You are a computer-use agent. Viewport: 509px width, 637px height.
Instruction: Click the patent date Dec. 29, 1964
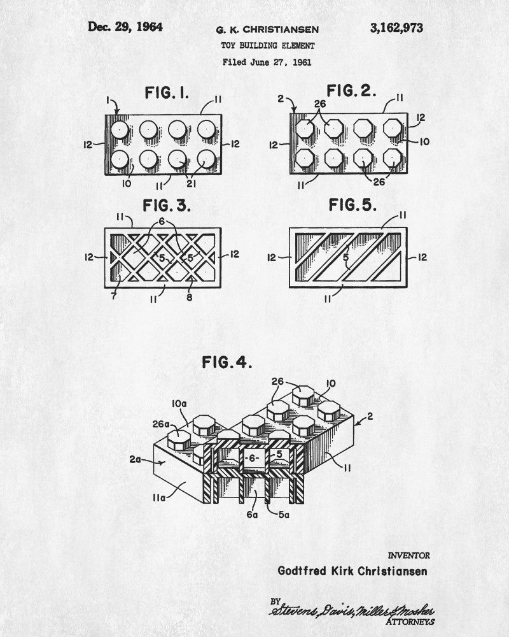(x=125, y=27)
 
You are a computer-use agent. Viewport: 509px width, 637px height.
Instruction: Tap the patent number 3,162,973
(x=396, y=28)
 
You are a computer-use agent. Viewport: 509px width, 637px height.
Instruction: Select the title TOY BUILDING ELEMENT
(x=267, y=45)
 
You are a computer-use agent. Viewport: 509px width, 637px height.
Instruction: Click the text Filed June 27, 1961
(x=267, y=62)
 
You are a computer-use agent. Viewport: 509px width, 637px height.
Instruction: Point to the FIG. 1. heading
(x=167, y=93)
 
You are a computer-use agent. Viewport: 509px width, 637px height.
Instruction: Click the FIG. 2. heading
(x=351, y=90)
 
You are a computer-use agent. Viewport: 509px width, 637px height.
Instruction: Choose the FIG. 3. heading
(x=167, y=206)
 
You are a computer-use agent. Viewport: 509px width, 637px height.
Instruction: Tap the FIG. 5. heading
(x=352, y=204)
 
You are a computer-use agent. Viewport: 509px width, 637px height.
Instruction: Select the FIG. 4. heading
(x=227, y=362)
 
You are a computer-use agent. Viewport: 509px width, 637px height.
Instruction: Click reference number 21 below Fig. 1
(x=191, y=184)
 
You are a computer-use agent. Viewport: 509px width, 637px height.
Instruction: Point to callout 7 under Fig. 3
(x=114, y=297)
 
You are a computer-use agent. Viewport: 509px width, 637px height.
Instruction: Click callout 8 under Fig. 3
(x=189, y=297)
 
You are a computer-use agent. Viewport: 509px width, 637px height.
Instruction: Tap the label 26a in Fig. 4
(x=161, y=424)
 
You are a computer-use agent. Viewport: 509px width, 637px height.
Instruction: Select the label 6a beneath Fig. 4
(x=252, y=515)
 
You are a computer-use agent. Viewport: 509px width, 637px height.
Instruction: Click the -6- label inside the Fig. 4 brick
(x=252, y=458)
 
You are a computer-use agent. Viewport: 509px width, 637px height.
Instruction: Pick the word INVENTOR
(x=408, y=555)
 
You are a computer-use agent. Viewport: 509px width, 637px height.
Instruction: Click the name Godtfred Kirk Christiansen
(x=352, y=571)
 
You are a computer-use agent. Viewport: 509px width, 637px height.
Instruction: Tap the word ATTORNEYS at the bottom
(x=410, y=622)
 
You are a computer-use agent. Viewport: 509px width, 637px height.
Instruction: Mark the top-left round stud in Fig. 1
(x=120, y=130)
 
